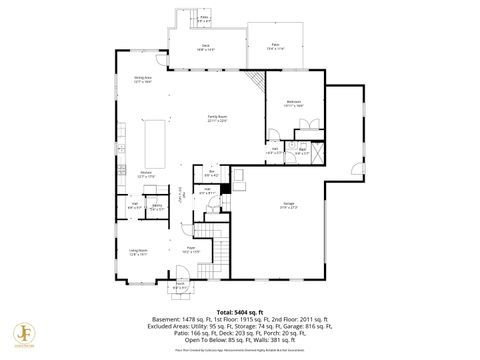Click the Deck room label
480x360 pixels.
[206, 46]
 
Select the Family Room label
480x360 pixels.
[217, 118]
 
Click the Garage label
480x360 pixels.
[288, 205]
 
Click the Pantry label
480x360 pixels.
[157, 207]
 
